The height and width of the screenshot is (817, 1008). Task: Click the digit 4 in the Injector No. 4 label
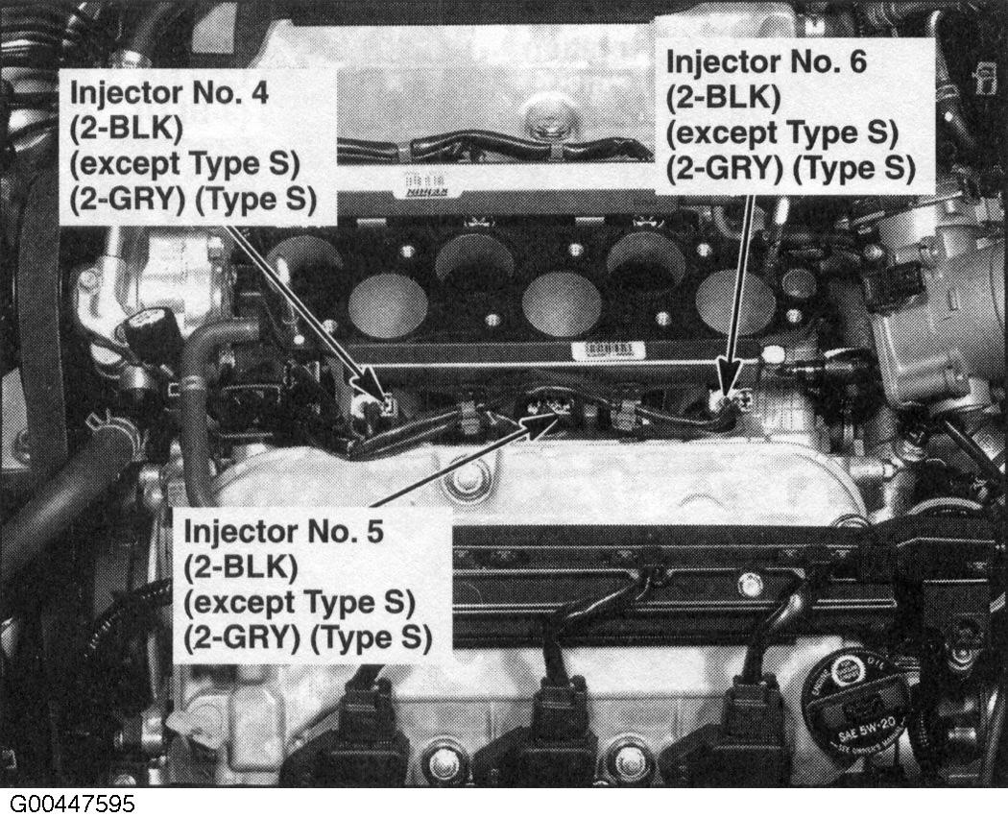click(258, 94)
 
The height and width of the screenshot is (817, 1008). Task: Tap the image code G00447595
click(73, 803)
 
